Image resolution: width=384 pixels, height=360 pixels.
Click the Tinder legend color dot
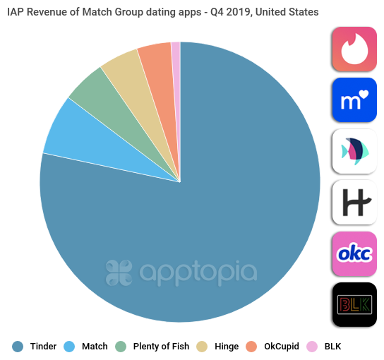[18, 346]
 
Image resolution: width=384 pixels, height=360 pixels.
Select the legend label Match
[95, 346]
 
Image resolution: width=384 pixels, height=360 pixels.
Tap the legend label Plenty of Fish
[161, 346]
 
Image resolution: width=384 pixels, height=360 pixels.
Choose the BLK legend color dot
[313, 346]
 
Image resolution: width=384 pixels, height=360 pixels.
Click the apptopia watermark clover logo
[119, 272]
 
